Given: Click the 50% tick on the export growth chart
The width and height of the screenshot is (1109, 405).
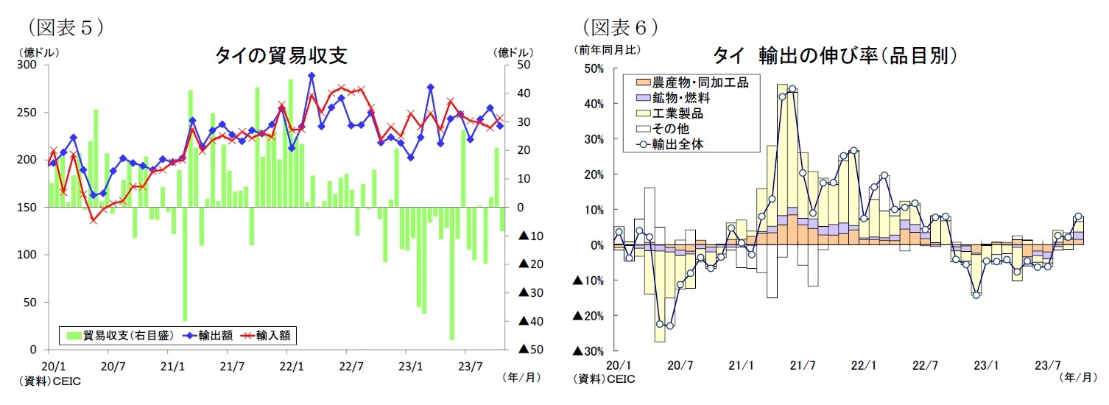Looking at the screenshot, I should [593, 68].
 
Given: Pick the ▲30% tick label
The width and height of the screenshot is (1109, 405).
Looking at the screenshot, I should [588, 351].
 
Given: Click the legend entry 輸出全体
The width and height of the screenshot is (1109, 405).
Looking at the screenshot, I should [678, 144].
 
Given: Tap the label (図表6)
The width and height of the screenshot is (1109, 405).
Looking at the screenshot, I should [620, 27].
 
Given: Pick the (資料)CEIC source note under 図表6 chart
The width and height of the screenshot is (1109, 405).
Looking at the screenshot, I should [603, 380].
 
